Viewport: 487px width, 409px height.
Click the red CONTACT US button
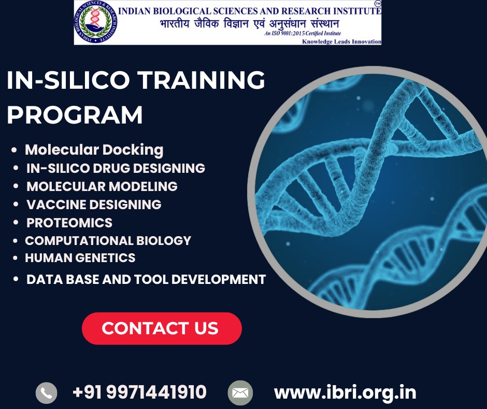tap(162, 328)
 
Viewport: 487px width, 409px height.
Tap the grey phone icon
tap(46, 392)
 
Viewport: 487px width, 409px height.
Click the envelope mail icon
tap(240, 392)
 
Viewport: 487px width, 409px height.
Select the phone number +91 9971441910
tap(139, 392)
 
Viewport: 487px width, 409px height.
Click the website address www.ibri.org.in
tap(345, 392)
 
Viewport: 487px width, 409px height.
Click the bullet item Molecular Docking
tap(94, 150)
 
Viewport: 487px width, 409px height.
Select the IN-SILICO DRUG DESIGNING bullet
tap(116, 168)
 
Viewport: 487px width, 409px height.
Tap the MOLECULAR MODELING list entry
tap(102, 186)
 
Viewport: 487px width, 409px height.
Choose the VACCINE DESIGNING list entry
tap(94, 204)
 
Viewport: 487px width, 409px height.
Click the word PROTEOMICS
tap(69, 223)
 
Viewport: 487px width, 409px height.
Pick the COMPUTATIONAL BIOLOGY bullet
tap(108, 241)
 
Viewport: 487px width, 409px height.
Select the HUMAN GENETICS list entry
tap(80, 258)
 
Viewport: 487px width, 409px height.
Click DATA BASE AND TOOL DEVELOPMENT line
tap(146, 279)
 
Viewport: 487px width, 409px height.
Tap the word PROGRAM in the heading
tap(75, 115)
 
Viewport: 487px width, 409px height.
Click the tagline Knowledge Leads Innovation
tap(341, 42)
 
